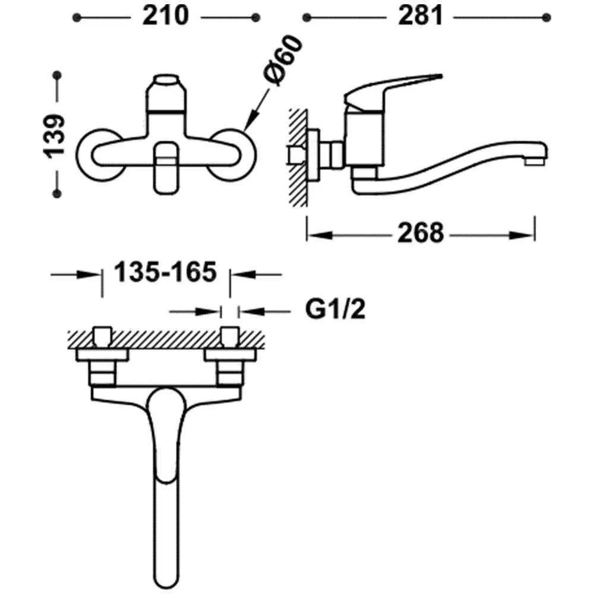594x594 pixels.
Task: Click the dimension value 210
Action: tap(165, 17)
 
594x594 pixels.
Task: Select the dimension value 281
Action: tap(421, 17)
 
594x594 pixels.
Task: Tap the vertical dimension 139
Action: tap(56, 135)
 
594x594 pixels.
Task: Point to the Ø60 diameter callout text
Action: tap(285, 62)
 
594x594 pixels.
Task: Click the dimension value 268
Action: tap(421, 233)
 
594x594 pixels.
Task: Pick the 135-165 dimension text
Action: tap(164, 273)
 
